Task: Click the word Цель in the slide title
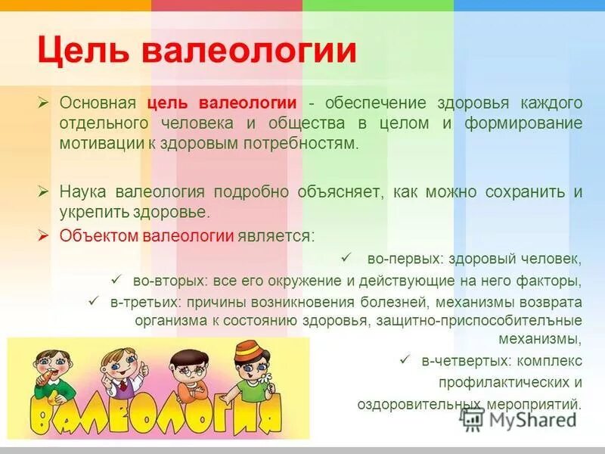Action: click(81, 51)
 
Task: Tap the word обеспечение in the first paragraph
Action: click(376, 103)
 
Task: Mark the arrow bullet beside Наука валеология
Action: click(44, 191)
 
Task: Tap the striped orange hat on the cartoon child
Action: click(246, 350)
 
